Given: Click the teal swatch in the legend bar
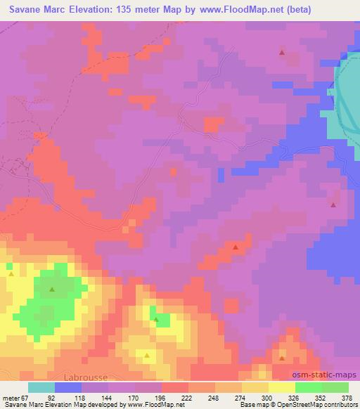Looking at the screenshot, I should [x=41, y=387].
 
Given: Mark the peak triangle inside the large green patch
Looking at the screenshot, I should [x=52, y=289].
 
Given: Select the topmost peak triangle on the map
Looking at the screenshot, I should [x=282, y=52].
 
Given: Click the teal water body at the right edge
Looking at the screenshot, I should [x=348, y=91].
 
